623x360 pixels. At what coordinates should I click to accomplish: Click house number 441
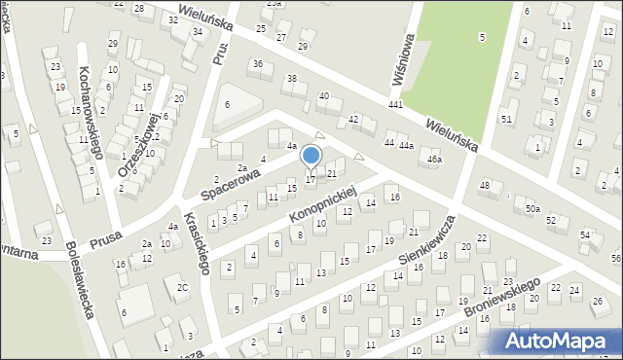tap(395, 104)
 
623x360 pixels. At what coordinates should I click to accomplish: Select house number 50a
tap(533, 209)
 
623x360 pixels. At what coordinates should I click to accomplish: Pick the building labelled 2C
tap(182, 287)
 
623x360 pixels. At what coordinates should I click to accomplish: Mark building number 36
tap(257, 64)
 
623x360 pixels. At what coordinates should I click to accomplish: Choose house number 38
tap(290, 78)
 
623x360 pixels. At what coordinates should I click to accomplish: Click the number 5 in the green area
tap(482, 37)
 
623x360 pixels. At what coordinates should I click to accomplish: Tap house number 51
tap(506, 119)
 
